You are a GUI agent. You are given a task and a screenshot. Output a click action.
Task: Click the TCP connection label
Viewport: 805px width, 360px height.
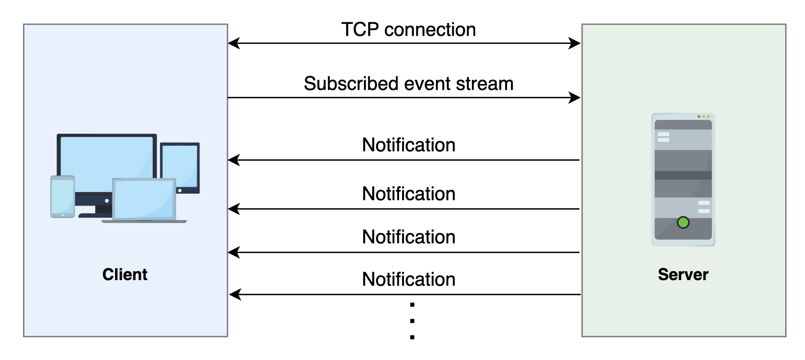(x=408, y=29)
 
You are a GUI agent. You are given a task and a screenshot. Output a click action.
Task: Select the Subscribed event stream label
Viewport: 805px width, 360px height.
(x=408, y=84)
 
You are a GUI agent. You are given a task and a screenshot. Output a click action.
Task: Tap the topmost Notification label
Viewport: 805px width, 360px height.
(x=408, y=145)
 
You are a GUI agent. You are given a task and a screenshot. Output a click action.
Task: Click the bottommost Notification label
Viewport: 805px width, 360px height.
(x=408, y=279)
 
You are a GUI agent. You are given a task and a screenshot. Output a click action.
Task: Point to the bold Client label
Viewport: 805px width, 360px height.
(x=125, y=274)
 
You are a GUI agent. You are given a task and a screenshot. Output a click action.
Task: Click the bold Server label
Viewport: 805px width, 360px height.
(x=683, y=274)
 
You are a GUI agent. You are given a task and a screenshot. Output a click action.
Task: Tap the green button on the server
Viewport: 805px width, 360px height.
(x=683, y=222)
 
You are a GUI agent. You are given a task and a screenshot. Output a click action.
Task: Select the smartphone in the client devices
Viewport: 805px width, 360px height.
(x=63, y=196)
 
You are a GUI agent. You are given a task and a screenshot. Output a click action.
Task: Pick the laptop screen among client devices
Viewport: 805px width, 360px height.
(x=144, y=199)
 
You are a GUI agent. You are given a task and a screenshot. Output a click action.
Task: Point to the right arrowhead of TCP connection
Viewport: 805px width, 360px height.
(x=575, y=43)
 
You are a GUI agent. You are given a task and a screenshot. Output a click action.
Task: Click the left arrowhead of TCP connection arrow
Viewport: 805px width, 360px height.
(x=234, y=43)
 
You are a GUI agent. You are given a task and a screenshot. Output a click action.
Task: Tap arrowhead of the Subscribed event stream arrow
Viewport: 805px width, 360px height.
(x=575, y=98)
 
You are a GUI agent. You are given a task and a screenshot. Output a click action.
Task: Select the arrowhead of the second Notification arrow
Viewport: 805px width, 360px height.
(x=234, y=209)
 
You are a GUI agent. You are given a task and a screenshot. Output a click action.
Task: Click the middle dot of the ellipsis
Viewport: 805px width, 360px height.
(x=412, y=321)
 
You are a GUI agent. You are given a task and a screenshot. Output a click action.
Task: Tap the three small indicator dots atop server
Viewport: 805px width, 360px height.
(x=703, y=117)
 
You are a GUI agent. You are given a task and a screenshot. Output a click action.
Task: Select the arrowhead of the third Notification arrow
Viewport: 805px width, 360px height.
(x=234, y=252)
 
